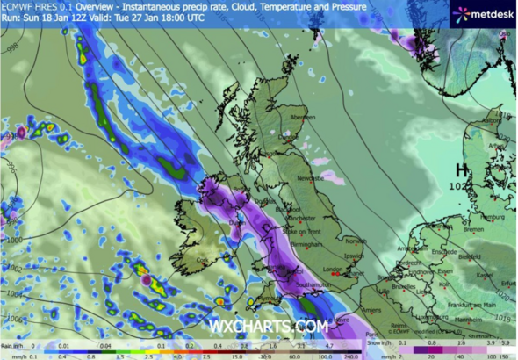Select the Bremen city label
475,230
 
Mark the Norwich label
356,241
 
